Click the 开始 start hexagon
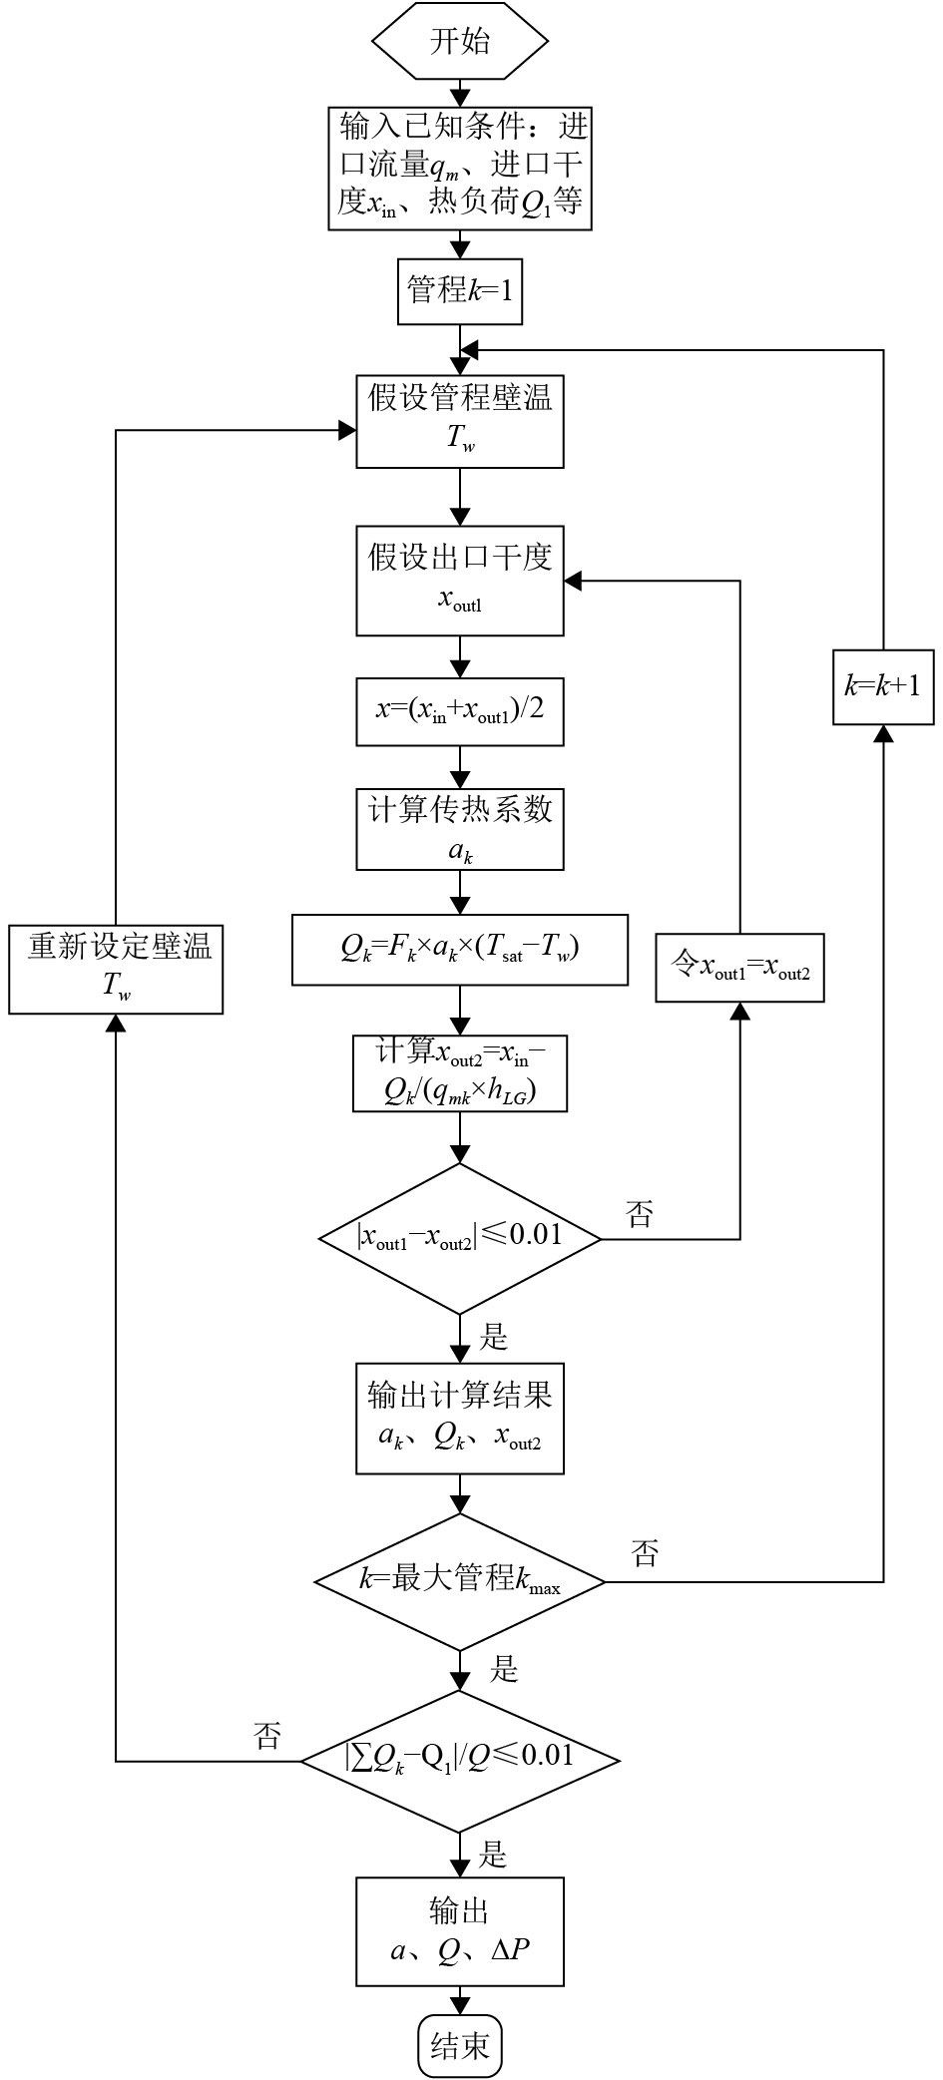pos(460,42)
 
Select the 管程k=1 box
pos(460,291)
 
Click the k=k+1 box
pos(883,685)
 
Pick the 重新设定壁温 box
pos(116,969)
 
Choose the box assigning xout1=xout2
pos(739,967)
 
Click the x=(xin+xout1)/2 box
pos(460,711)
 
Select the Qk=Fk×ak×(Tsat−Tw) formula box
pos(460,949)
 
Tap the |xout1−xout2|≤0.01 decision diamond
pos(460,1238)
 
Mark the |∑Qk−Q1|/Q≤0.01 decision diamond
pos(460,1761)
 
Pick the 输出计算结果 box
pos(460,1418)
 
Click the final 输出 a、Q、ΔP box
pos(460,1931)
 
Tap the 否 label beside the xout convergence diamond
pos(640,1214)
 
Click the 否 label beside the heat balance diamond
pos(267,1736)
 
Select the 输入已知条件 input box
pos(460,168)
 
